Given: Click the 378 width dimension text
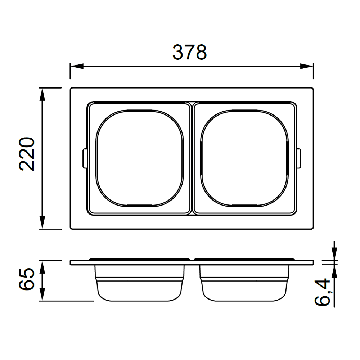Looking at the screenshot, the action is click(190, 52).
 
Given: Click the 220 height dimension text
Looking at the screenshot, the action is click(27, 154).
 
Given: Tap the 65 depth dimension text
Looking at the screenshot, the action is click(27, 279).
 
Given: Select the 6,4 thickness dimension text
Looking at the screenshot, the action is click(323, 292).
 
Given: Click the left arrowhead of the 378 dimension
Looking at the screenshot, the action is click(77, 66).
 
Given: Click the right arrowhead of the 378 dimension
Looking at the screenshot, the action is click(307, 66).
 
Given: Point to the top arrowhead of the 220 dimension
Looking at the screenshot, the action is click(42, 94).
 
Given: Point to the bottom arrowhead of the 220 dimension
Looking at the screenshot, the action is click(42, 222).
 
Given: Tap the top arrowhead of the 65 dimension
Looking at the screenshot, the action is click(42, 267).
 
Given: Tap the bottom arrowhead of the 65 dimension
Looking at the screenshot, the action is click(42, 294).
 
